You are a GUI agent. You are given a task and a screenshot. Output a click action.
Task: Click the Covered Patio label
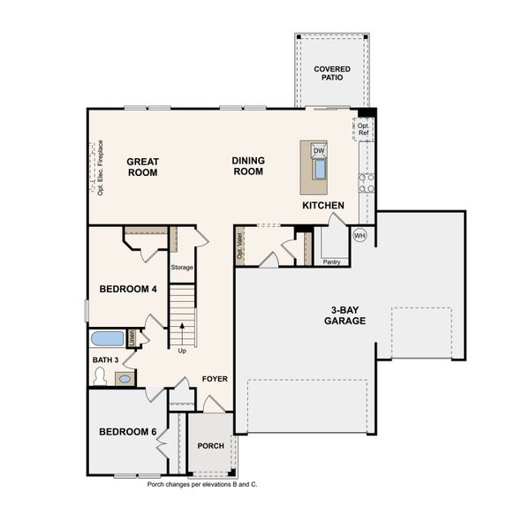(x=332, y=73)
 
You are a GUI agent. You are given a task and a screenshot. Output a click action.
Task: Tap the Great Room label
(x=141, y=167)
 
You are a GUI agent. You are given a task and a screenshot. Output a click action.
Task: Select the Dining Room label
(x=247, y=166)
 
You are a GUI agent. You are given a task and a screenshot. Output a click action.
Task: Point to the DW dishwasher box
(x=319, y=151)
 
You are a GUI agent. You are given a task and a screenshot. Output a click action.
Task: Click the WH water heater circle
(x=360, y=235)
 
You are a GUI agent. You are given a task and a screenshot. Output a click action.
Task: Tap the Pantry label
(x=331, y=261)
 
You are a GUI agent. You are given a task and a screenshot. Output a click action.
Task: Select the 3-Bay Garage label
(x=349, y=314)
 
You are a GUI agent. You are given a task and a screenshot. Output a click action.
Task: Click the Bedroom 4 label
(x=128, y=289)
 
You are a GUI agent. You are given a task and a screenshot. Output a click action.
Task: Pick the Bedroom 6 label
(x=127, y=431)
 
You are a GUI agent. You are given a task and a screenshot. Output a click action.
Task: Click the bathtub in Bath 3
(x=108, y=338)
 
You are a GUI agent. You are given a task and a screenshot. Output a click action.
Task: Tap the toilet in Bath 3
(x=101, y=377)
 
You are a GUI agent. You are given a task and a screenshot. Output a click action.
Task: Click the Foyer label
(x=215, y=379)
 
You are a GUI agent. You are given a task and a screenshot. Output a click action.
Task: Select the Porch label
(x=210, y=445)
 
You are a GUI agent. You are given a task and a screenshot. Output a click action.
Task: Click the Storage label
(x=182, y=267)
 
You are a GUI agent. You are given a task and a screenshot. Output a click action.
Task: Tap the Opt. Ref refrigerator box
(x=364, y=130)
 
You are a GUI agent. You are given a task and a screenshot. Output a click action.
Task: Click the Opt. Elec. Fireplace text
(x=101, y=168)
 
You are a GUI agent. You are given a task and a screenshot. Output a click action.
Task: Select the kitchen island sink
(x=319, y=169)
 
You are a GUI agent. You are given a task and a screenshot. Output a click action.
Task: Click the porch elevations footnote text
(x=201, y=485)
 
